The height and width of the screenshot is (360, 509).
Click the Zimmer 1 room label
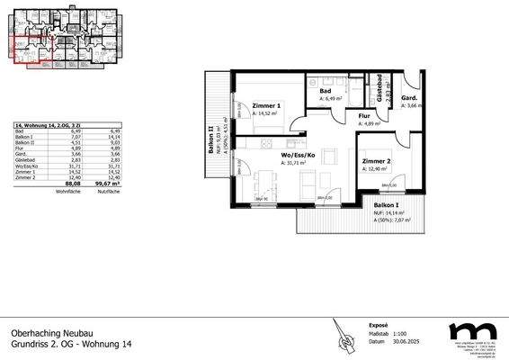(267, 105)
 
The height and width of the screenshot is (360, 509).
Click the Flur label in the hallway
(364, 116)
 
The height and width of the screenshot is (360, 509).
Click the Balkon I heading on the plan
(389, 206)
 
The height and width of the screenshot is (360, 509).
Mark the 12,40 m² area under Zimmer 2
(376, 168)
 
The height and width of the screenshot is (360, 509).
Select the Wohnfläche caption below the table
(70, 192)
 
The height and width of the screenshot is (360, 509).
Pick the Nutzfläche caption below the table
(108, 192)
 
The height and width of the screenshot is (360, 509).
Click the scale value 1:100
(377, 335)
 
